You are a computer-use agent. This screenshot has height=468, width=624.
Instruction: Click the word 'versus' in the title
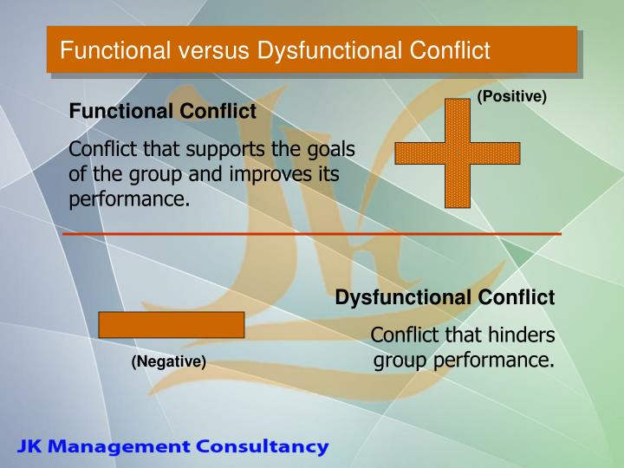[x=220, y=50]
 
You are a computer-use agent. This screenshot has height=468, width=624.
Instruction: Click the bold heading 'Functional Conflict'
[x=163, y=112]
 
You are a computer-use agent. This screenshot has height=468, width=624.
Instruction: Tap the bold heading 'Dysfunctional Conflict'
[x=445, y=298]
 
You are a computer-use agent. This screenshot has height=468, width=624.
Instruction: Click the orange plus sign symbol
[x=458, y=153]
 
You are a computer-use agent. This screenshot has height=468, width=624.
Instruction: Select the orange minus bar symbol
[x=172, y=324]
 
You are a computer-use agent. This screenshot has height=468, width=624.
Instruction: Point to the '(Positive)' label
[x=511, y=96]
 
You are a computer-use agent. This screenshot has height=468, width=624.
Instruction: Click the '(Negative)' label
[x=169, y=361]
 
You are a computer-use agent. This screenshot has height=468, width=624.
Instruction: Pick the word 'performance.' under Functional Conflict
[x=129, y=199]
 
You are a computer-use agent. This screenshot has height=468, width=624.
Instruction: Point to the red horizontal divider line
[x=312, y=234]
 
